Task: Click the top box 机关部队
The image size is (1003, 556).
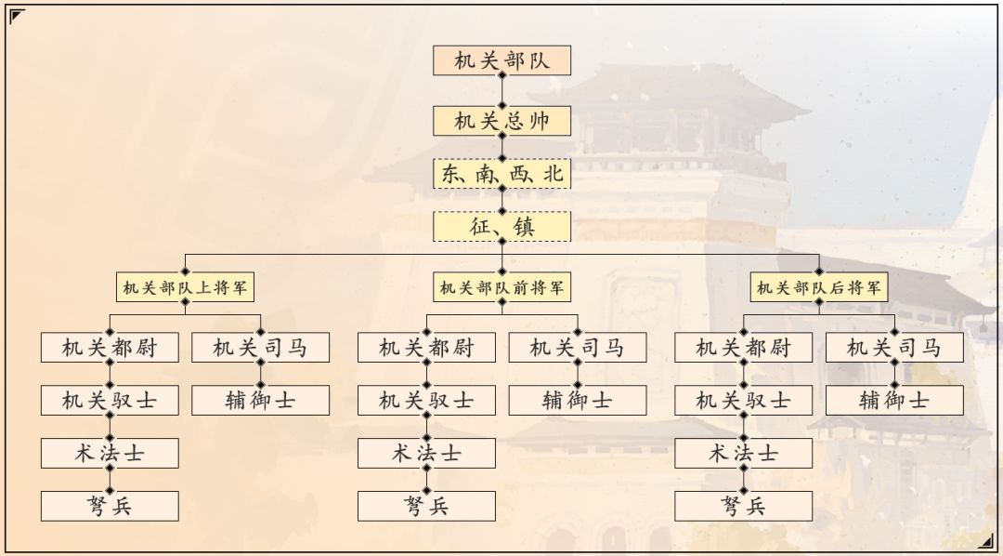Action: (501, 60)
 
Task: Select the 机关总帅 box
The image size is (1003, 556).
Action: (501, 121)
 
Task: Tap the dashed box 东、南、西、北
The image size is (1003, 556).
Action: (501, 174)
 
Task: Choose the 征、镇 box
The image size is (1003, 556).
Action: (501, 226)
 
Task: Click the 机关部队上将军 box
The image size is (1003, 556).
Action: (186, 288)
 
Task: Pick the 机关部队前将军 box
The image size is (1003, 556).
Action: (501, 288)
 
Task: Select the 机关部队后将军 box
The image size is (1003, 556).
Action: (819, 288)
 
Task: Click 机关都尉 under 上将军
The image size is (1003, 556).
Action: (110, 348)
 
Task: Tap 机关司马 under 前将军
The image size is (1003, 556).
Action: (577, 348)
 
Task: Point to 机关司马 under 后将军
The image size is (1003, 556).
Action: (894, 348)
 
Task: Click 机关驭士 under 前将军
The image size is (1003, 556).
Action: (426, 401)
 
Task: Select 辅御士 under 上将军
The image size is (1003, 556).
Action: (260, 401)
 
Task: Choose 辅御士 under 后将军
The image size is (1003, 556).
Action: (894, 401)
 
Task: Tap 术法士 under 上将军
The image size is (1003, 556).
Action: (110, 454)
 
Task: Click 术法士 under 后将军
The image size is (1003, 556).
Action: (743, 454)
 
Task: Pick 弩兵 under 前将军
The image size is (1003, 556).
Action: (426, 506)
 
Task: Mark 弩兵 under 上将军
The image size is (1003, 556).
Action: (110, 506)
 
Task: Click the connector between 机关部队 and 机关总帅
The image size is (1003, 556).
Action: (501, 91)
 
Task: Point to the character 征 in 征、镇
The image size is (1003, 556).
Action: (482, 226)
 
